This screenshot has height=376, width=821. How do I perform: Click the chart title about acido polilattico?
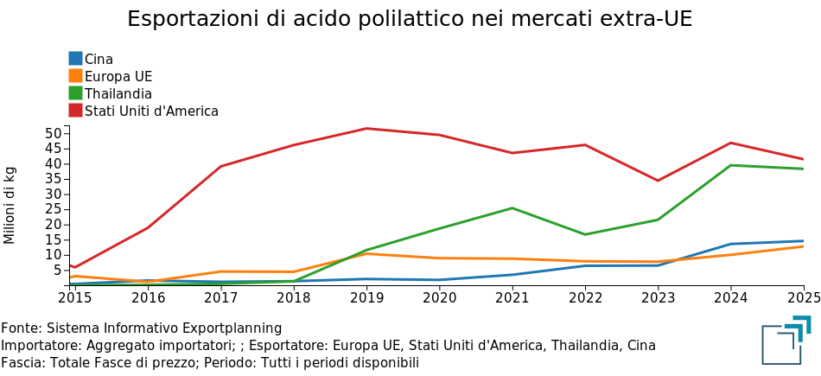tap(410, 19)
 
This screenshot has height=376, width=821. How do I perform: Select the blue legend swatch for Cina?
tap(76, 59)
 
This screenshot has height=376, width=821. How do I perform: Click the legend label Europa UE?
tap(118, 76)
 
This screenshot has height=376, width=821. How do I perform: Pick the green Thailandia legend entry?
tap(118, 93)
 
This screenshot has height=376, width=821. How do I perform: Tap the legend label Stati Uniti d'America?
tap(151, 111)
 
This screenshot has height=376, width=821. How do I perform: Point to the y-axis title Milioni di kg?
tap(10, 205)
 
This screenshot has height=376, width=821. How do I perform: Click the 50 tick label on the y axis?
tap(54, 134)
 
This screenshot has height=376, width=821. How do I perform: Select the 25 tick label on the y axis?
tap(54, 209)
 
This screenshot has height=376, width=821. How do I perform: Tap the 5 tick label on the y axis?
tap(58, 270)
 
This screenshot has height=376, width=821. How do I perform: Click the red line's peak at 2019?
tap(366, 129)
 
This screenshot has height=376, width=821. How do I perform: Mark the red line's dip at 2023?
tap(658, 181)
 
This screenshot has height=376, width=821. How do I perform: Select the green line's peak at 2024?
tap(731, 165)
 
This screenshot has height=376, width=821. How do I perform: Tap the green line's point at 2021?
tap(512, 208)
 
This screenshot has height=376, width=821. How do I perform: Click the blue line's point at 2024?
tap(731, 244)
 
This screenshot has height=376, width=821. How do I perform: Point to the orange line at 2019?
tap(366, 253)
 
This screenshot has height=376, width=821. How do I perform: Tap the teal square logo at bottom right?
tap(786, 341)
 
